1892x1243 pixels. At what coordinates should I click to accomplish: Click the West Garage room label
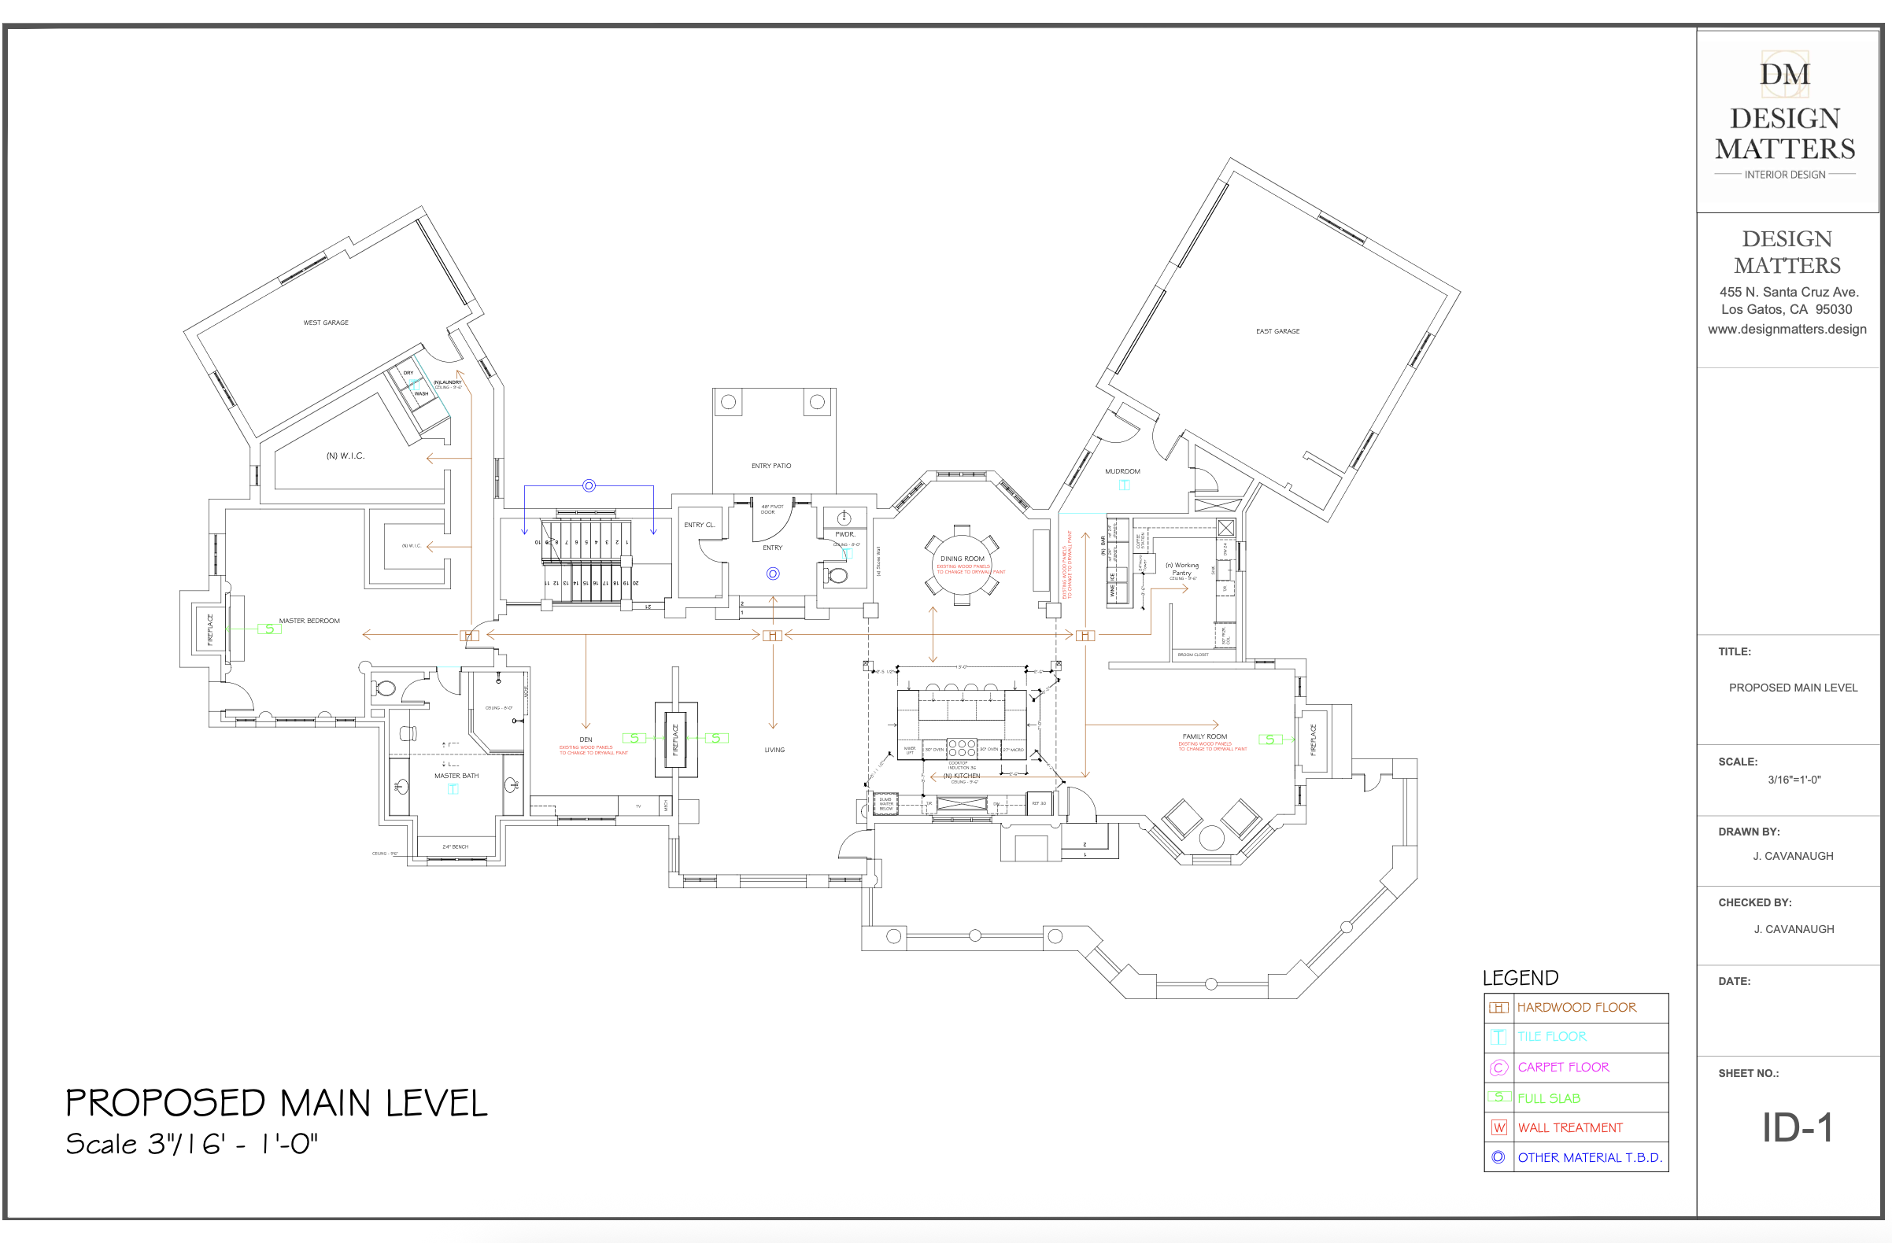[326, 323]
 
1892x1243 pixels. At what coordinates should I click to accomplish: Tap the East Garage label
[1277, 331]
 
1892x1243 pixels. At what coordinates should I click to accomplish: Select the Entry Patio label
[771, 466]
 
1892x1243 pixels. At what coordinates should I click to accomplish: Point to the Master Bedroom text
[309, 621]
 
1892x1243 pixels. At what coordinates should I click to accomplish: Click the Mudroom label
[1122, 471]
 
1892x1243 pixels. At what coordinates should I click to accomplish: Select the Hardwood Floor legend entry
[1576, 1008]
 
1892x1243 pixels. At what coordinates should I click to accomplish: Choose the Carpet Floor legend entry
[1563, 1068]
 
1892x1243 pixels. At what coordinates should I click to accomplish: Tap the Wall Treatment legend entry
[1570, 1128]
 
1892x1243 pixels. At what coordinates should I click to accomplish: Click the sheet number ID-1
[1797, 1128]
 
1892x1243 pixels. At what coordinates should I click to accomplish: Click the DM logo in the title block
[1785, 74]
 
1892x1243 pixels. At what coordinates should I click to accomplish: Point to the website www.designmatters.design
[1787, 329]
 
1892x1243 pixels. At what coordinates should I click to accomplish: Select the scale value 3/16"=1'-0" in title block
[1794, 780]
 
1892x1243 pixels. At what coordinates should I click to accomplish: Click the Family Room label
[1204, 736]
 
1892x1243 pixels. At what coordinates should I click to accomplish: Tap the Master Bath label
[456, 776]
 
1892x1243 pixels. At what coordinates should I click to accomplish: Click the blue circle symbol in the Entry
[773, 574]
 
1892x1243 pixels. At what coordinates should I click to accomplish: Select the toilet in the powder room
[836, 574]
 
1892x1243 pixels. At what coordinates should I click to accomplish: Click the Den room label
[586, 740]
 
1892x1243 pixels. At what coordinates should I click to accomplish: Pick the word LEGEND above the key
[1520, 978]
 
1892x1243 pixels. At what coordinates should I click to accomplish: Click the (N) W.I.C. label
[345, 456]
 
